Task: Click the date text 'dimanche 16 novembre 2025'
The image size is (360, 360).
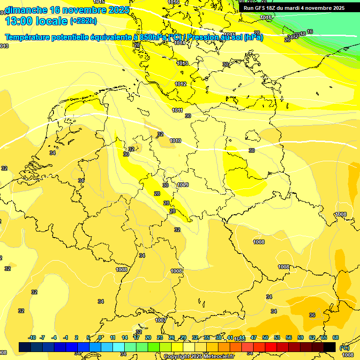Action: tap(66, 10)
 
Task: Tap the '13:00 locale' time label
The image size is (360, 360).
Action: tap(36, 21)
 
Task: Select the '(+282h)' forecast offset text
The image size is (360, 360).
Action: tap(83, 21)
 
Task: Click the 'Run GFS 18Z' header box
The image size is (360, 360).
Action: tap(294, 8)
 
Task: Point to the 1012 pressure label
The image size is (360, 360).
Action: tap(180, 84)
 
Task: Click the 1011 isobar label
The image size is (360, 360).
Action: tap(177, 110)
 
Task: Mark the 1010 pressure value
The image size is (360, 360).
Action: tap(175, 141)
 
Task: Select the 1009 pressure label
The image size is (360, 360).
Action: tap(183, 185)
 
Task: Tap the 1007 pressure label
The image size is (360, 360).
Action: tap(160, 320)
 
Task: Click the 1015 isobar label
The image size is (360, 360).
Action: tap(229, 35)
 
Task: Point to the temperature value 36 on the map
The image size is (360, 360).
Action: tap(312, 315)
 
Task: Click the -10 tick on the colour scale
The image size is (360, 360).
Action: tap(32, 337)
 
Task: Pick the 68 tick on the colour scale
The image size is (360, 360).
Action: tap(336, 337)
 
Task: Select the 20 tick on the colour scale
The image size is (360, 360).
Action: tap(148, 337)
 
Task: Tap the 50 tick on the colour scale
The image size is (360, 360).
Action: tap(265, 337)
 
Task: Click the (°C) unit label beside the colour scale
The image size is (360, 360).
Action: tap(344, 347)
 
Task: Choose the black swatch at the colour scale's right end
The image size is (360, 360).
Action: tap(330, 347)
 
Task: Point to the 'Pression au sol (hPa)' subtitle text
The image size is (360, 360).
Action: tap(225, 37)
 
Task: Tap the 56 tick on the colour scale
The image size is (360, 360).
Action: tap(289, 337)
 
